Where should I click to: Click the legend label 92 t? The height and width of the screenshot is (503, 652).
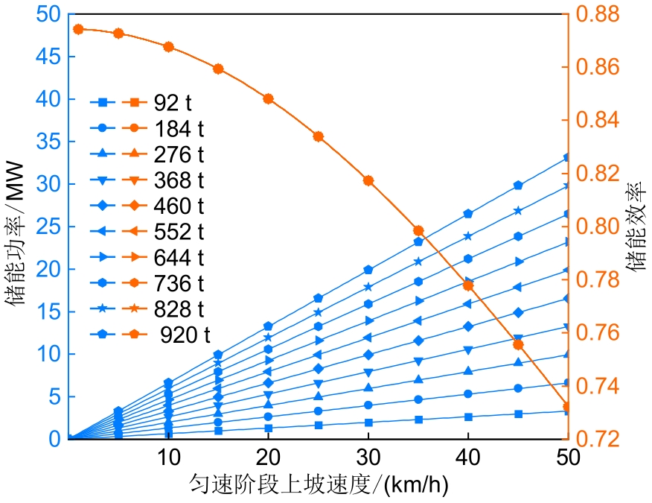point(173,102)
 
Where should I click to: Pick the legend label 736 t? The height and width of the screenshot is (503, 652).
point(179,283)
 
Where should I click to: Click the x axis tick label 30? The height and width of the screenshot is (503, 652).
point(368,456)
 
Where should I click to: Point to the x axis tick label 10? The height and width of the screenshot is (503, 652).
point(168,456)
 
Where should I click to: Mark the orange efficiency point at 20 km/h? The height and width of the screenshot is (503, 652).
point(269,98)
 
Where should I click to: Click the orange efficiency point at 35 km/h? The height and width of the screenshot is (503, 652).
point(418,231)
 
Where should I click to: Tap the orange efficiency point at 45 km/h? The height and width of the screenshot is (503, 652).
point(519,344)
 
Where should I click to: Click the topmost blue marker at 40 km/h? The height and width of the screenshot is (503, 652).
point(468,213)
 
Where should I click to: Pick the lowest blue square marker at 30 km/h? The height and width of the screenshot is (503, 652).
point(368,423)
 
